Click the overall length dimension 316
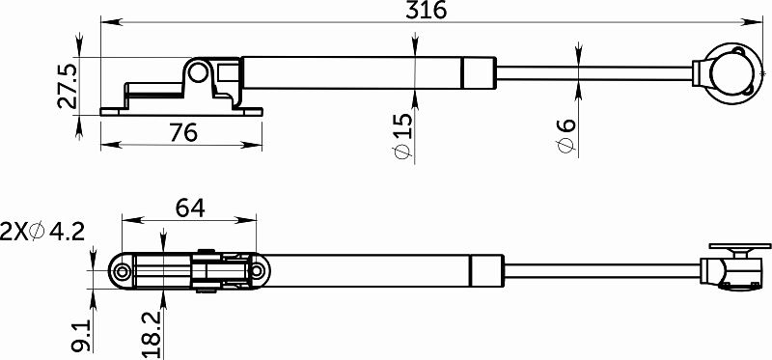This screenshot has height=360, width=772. [x=426, y=11]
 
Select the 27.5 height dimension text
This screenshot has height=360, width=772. [x=67, y=87]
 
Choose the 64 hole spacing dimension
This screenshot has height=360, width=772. [x=188, y=208]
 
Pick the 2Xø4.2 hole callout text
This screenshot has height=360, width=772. [x=43, y=232]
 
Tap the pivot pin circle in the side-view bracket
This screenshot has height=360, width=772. [x=199, y=71]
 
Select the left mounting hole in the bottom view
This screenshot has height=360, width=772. [x=122, y=272]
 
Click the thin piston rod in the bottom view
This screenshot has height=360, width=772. [x=598, y=269]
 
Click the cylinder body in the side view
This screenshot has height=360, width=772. [x=357, y=72]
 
